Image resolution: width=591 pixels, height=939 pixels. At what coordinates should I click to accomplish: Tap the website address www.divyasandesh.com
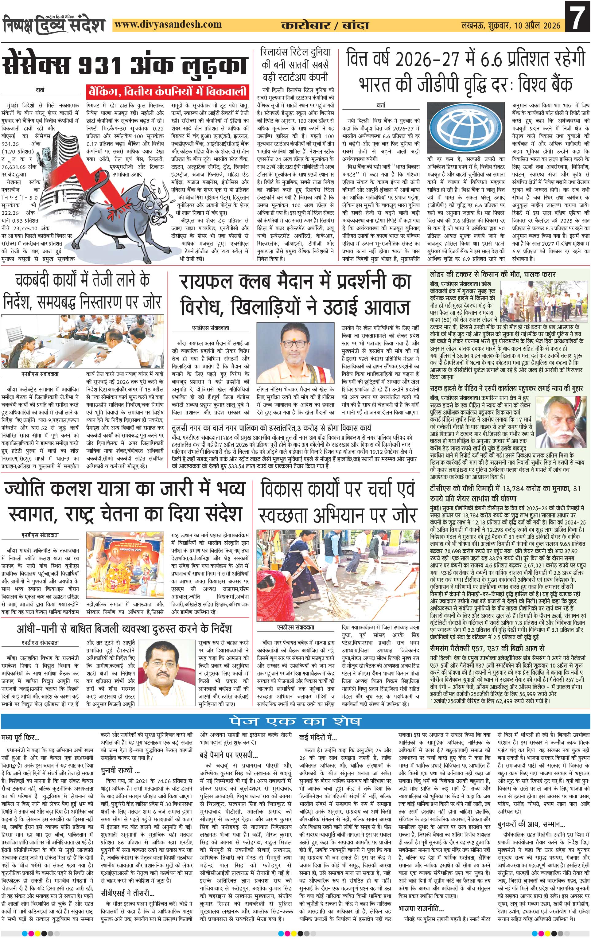point(169,25)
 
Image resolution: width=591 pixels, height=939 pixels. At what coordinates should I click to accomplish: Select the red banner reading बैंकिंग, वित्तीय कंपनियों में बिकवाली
point(168,92)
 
